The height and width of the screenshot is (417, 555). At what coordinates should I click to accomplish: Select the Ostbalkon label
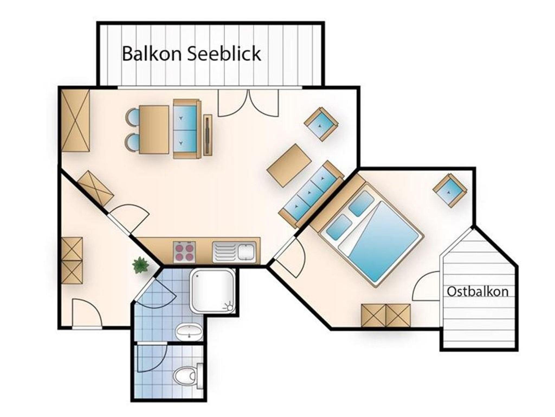pos(477,292)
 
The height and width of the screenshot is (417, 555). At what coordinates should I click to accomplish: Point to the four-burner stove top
pos(184,251)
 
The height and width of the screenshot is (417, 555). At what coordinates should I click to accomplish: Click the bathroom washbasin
pos(189,331)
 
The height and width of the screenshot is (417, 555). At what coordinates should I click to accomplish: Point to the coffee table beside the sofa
pos(289,165)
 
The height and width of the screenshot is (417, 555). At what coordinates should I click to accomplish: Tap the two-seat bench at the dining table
pos(187,129)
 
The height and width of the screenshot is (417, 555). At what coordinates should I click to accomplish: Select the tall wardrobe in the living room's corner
pos(75,120)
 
